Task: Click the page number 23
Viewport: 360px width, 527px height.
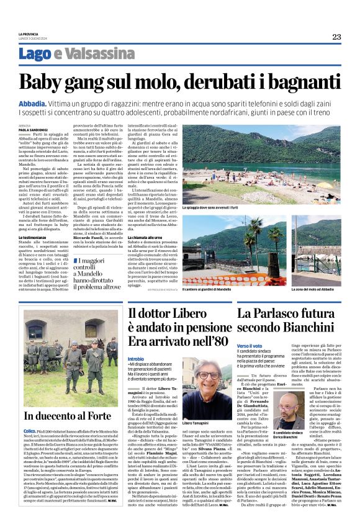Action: pyautogui.click(x=336, y=37)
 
